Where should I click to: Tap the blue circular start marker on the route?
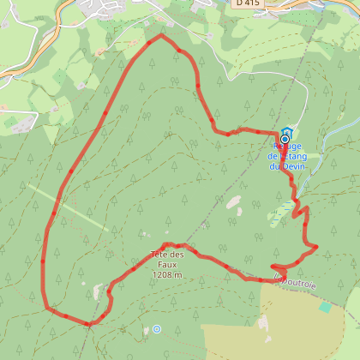tap(285, 139)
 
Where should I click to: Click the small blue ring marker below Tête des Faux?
tap(156, 328)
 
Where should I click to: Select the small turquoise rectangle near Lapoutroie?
tap(325, 306)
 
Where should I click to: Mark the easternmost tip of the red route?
tap(316, 248)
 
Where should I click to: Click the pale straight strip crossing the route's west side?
tap(69, 208)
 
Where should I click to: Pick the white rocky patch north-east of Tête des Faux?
tap(233, 202)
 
